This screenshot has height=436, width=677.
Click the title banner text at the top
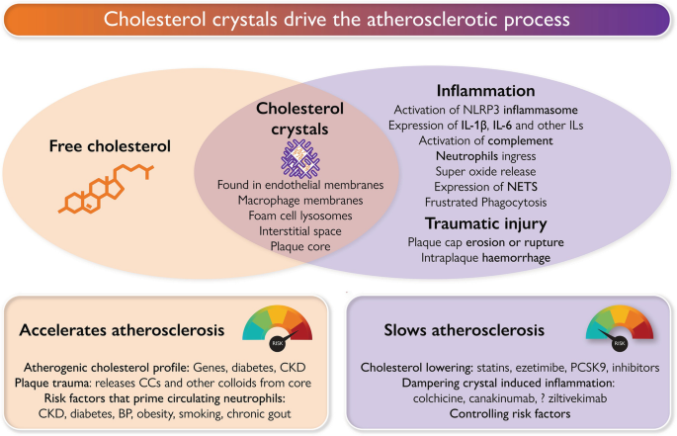(338, 22)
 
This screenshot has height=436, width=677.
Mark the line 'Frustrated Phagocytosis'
(486, 203)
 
